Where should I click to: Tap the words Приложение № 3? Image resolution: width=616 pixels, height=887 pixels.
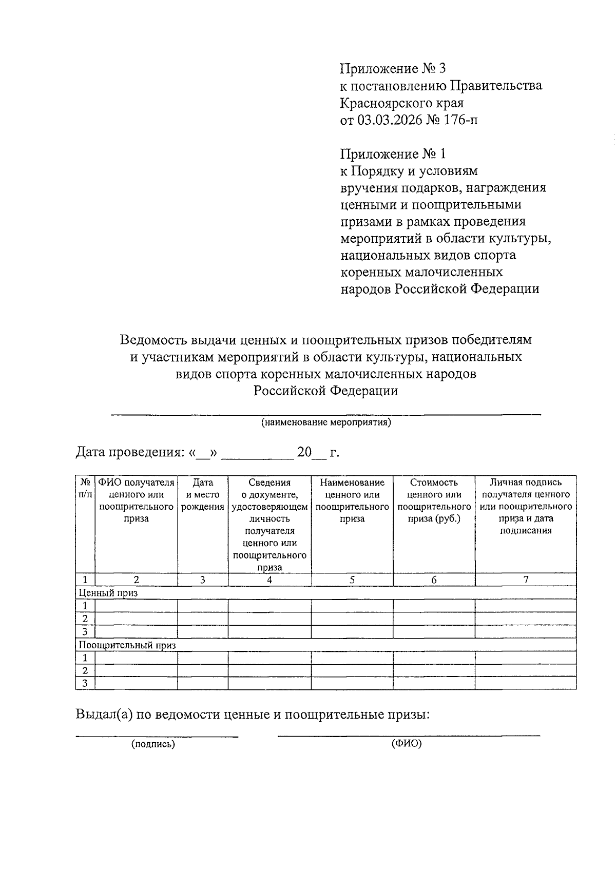390,69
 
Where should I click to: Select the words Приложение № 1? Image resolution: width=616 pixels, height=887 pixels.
390,154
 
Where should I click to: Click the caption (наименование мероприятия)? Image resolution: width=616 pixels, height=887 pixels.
326,422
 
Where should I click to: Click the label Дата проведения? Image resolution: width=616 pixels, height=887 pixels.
129,453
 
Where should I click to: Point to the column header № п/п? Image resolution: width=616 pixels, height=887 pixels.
85,488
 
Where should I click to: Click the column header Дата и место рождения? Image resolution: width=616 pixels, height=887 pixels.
203,495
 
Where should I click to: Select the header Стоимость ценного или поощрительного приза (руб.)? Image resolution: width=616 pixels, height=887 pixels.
434,500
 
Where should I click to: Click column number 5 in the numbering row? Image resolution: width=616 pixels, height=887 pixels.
352,580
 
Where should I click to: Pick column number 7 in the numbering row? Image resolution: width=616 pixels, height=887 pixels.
526,580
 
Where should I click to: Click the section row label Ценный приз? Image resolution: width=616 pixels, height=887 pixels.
108,593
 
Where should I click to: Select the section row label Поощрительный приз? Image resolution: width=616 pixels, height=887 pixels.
126,645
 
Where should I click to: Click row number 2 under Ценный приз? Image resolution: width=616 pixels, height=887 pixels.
85,619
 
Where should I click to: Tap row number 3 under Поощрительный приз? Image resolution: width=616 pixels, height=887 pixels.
85,683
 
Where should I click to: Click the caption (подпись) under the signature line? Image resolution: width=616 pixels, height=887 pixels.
153,744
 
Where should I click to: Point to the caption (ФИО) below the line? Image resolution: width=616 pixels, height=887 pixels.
407,744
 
